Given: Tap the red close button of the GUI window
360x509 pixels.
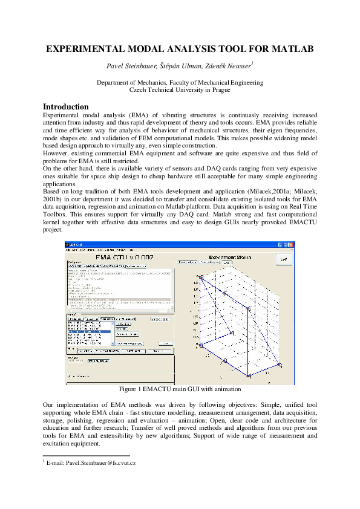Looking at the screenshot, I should coord(291,245).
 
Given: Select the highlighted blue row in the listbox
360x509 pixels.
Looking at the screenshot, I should coord(88,331).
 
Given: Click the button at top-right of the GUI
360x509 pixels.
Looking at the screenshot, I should coord(283,259).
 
